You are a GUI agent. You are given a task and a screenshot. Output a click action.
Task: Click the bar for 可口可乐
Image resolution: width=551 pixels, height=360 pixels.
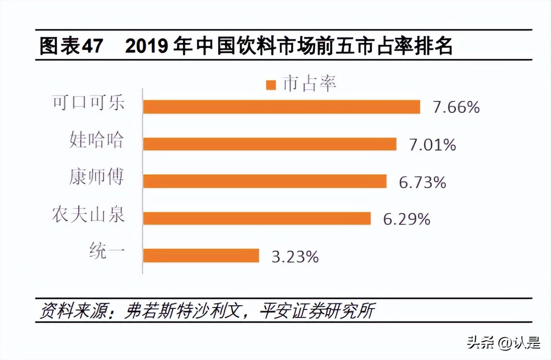[282, 107]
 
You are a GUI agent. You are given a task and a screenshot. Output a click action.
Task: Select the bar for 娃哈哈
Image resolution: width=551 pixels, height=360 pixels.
[270, 144]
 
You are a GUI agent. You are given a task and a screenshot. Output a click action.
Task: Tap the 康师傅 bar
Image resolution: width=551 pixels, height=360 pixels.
[265, 181]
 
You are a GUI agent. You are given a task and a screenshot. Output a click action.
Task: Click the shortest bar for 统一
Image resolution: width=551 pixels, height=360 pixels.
[201, 256]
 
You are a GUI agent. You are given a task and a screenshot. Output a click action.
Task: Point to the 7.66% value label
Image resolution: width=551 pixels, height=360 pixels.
[456, 107]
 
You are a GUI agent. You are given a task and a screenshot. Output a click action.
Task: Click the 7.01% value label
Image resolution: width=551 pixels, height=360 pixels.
[433, 145]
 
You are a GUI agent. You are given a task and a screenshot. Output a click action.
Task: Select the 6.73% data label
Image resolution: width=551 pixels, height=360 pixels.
[422, 182]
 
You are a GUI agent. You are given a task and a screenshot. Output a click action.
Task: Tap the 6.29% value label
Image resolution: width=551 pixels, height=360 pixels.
[407, 219]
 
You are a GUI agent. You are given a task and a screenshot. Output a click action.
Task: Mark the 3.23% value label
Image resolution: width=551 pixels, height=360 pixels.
[295, 257]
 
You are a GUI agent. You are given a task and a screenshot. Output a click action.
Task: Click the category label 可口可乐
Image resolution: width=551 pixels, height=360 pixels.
[88, 103]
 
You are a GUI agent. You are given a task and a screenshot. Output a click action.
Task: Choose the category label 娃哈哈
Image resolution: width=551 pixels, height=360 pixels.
[96, 140]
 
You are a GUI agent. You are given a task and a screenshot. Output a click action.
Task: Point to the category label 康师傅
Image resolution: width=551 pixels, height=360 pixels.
[96, 177]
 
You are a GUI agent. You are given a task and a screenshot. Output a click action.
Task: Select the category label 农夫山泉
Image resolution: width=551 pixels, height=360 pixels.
[88, 214]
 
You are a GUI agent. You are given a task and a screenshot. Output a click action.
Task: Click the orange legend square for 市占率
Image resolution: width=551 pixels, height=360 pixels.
[271, 85]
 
